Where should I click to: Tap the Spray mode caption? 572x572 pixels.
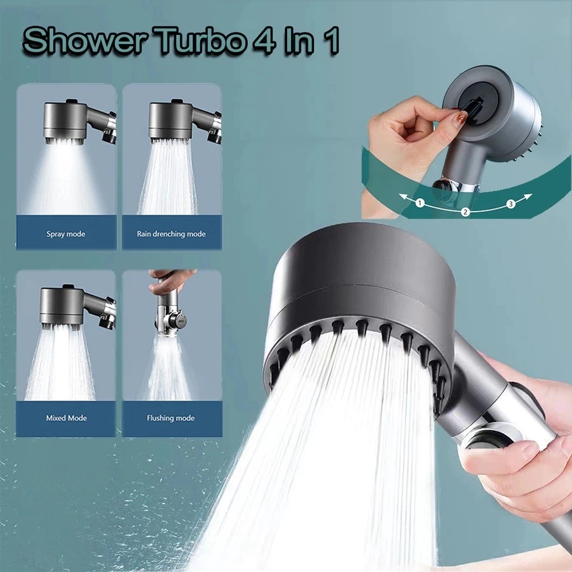(x=65, y=234)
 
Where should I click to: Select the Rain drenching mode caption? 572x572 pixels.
(x=172, y=234)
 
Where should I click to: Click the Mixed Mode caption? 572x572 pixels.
(x=66, y=418)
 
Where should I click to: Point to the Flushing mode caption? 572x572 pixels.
(x=171, y=418)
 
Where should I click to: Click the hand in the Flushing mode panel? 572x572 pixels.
(x=168, y=280)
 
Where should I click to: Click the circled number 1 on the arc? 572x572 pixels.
(x=420, y=203)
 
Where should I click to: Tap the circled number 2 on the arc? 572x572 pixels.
(x=465, y=212)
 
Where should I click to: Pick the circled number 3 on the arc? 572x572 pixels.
(x=510, y=204)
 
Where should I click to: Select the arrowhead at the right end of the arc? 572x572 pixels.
(x=529, y=196)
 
